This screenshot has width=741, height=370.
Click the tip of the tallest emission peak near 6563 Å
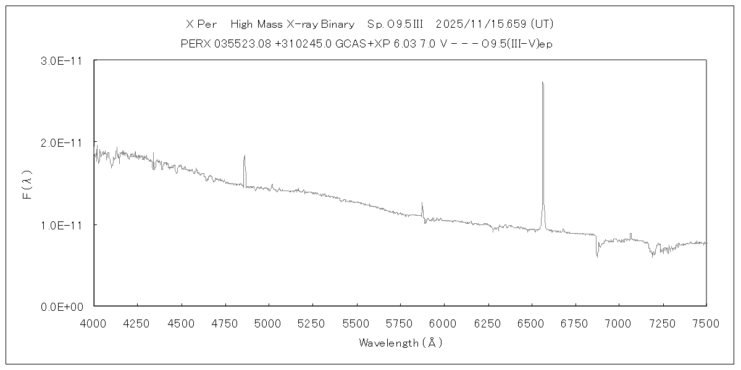tap(542, 82)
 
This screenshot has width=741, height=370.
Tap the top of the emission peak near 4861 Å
tap(245, 155)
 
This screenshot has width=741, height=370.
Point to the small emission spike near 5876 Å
tap(422, 203)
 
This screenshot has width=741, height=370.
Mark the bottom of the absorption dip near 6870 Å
tap(597, 256)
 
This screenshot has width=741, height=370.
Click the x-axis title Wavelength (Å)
tap(400, 343)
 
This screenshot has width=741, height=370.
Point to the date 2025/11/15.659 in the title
tap(484, 25)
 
